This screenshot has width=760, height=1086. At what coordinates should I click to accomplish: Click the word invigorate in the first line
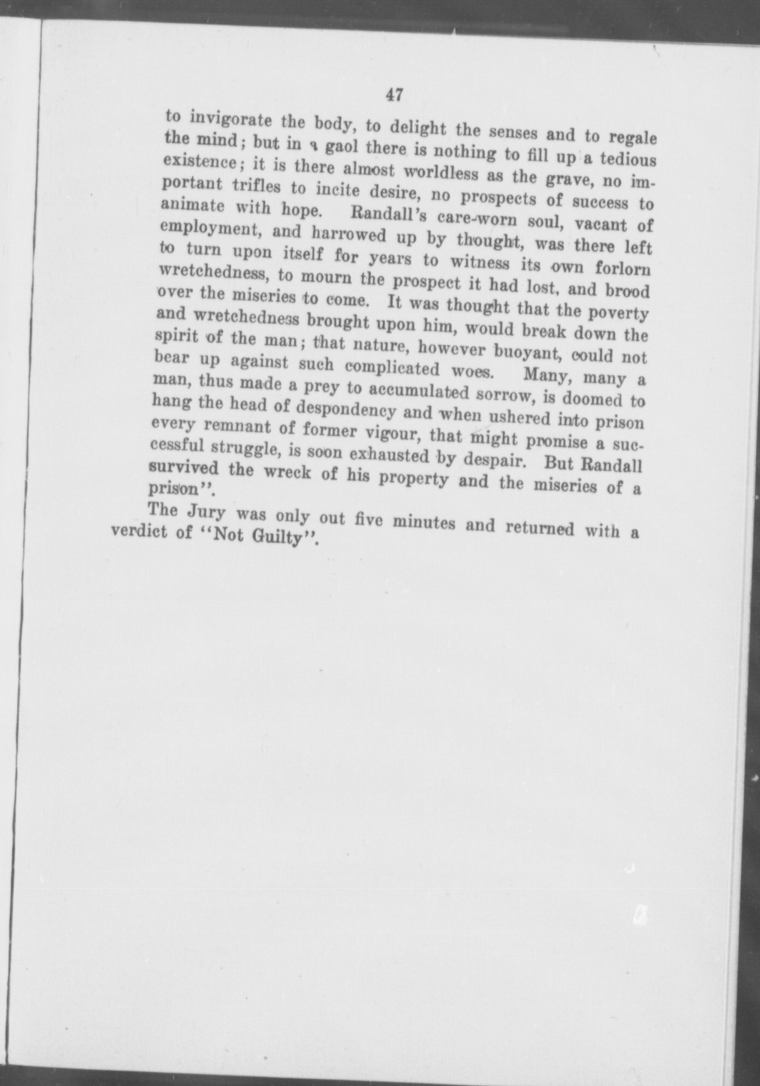point(227,119)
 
